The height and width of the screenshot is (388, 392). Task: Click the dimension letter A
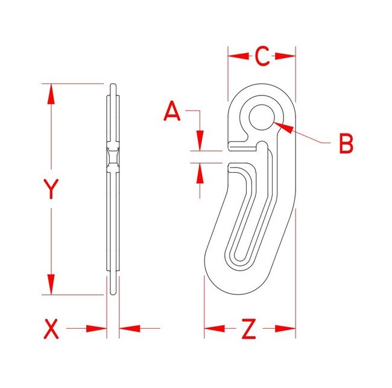click(x=172, y=112)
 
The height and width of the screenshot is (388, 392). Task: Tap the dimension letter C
click(x=262, y=56)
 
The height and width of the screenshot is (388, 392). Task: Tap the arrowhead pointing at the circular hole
click(x=285, y=128)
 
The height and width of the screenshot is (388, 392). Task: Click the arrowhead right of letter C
click(x=285, y=56)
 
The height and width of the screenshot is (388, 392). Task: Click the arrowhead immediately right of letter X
click(x=96, y=329)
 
